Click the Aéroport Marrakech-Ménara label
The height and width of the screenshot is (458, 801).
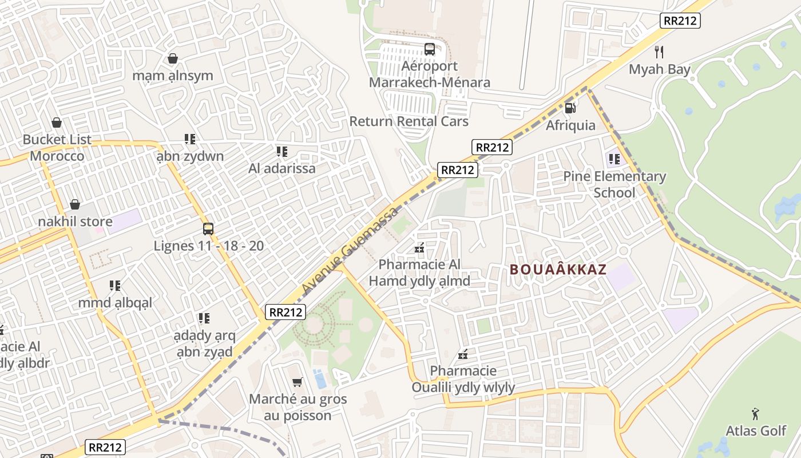(x=429, y=74)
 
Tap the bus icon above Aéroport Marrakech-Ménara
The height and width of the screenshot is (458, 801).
(x=430, y=49)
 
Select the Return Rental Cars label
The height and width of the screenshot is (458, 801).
(x=409, y=121)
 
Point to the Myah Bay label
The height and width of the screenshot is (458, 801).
(x=660, y=69)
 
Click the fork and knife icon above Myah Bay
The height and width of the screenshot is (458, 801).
(x=659, y=52)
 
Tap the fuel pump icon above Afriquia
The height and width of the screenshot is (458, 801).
(x=570, y=108)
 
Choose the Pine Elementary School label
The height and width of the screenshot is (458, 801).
(x=614, y=184)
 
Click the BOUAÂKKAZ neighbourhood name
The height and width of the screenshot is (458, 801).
(x=557, y=270)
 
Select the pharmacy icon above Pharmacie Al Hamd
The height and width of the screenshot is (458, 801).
(x=419, y=248)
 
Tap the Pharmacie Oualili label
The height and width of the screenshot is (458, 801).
(x=463, y=379)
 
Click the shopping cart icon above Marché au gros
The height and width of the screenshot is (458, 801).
(x=297, y=382)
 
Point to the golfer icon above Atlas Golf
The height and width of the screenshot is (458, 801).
(x=755, y=413)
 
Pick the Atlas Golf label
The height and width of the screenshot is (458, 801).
(x=756, y=431)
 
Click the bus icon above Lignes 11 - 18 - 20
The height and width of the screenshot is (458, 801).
(x=208, y=229)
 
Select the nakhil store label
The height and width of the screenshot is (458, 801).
(x=75, y=222)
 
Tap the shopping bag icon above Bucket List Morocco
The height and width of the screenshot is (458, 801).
(x=57, y=123)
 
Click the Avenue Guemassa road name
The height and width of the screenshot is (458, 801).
(x=350, y=248)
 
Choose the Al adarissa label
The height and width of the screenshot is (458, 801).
(x=281, y=168)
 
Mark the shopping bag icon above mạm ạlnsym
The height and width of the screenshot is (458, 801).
(x=172, y=58)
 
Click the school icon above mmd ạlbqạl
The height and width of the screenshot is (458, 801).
(x=115, y=285)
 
